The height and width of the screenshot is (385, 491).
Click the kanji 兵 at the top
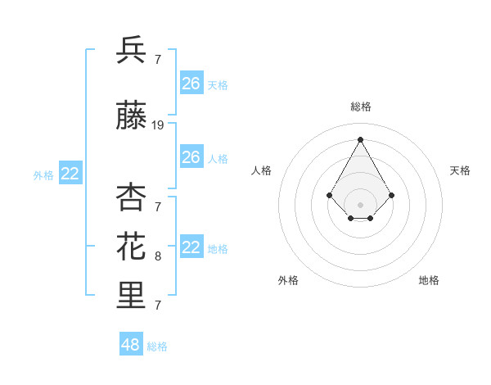131,51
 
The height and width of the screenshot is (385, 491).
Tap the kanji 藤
131,117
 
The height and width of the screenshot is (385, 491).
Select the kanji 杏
131,197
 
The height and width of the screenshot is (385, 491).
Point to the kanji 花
131,246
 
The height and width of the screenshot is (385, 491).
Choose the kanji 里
131,296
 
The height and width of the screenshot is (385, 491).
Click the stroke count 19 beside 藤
158,125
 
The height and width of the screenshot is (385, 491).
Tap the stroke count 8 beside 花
158,256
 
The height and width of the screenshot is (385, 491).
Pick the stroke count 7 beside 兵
158,60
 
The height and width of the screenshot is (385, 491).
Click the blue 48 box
131,345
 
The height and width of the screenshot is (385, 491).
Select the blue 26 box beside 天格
191,84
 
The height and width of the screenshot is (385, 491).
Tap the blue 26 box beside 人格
191,156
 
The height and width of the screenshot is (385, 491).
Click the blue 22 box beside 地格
191,247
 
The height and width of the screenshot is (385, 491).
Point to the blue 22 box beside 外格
70,174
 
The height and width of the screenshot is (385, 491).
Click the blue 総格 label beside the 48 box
157,346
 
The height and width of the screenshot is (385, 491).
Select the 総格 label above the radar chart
361,107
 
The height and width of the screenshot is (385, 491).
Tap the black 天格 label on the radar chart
460,170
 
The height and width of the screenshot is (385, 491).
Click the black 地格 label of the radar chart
429,280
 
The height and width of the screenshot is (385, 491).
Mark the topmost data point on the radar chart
360,139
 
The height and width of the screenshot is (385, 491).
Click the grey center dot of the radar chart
360,205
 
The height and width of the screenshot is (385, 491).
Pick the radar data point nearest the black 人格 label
329,195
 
